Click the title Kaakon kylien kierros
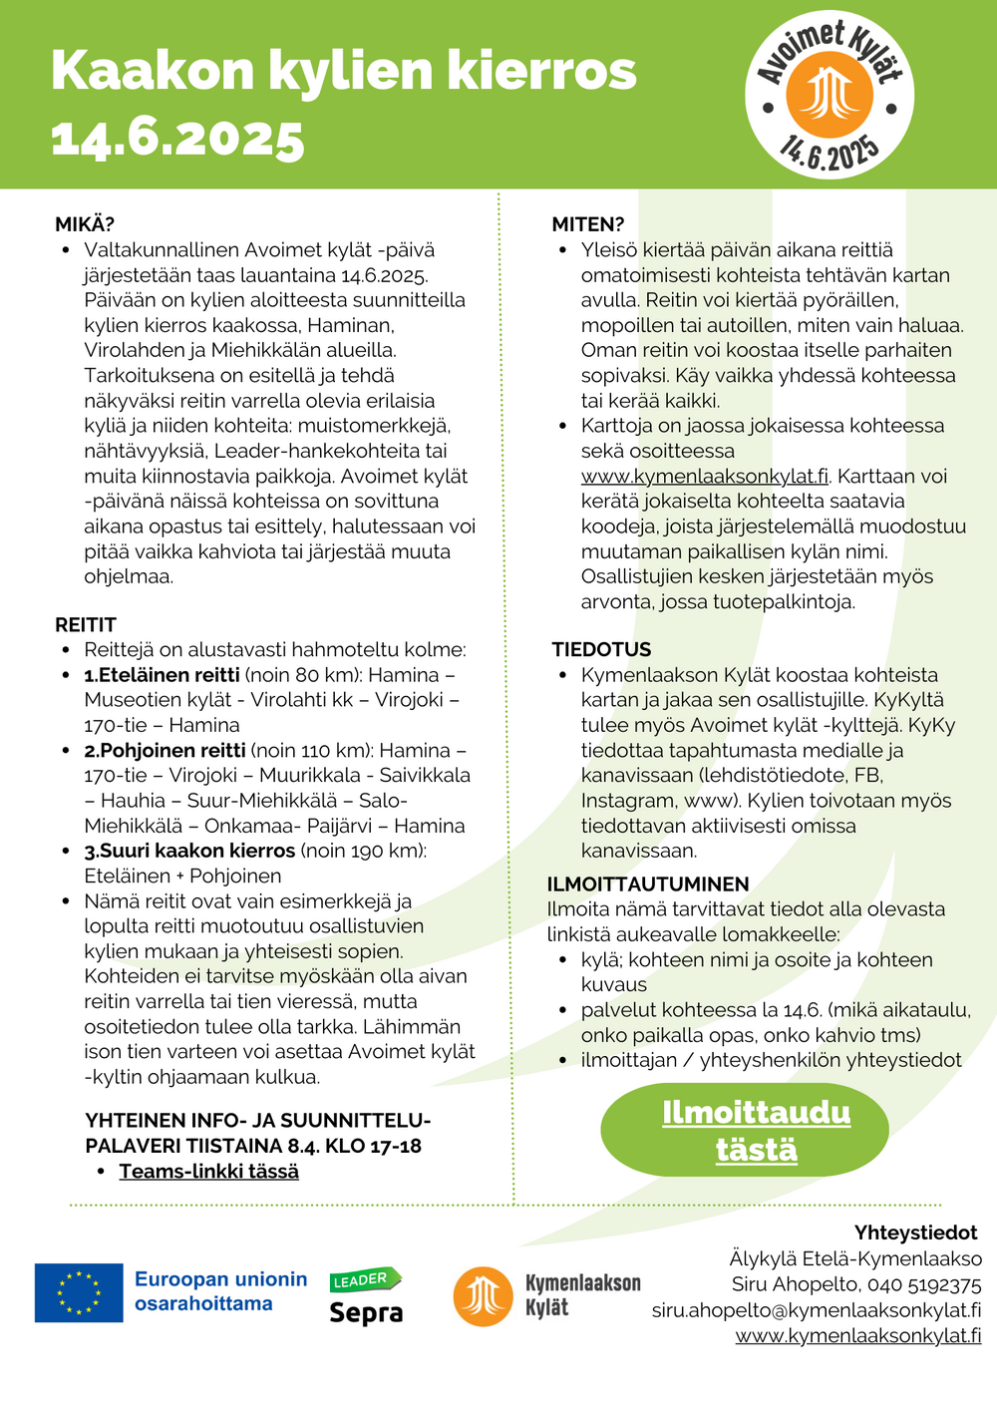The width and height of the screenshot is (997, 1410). click(343, 71)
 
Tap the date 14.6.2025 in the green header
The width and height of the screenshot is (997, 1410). click(177, 138)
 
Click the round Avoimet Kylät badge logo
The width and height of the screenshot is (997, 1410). click(829, 97)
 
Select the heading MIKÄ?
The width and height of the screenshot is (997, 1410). click(85, 224)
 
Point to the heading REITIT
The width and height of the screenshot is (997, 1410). click(86, 625)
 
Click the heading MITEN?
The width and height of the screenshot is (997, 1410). click(588, 224)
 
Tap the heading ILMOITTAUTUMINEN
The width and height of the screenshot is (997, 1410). click(648, 884)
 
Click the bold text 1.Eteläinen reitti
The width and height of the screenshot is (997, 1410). click(162, 675)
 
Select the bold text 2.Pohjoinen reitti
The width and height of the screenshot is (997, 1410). click(165, 750)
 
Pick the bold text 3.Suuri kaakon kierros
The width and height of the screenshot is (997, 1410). click(189, 851)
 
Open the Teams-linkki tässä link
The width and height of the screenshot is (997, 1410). click(208, 1172)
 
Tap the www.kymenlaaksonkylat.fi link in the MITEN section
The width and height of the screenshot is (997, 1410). click(705, 477)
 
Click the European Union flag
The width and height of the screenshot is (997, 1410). click(79, 1292)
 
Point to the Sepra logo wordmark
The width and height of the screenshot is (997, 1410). click(366, 1311)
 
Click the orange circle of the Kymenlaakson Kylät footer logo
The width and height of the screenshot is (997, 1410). click(483, 1295)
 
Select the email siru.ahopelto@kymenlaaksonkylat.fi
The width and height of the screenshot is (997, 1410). click(817, 1310)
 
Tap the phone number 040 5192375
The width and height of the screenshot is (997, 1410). click(924, 1284)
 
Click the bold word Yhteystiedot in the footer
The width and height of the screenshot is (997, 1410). click(915, 1233)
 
